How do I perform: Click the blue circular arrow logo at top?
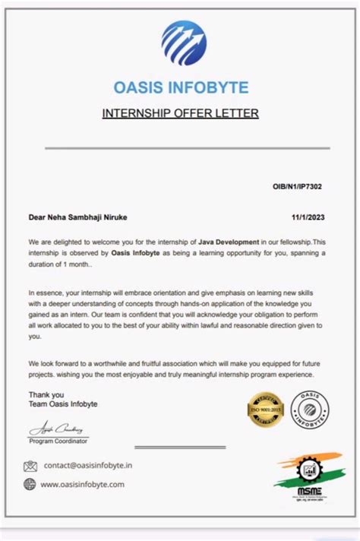coord(184,43)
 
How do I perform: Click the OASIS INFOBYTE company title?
coord(180,88)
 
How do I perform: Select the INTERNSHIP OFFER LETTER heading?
coord(180,114)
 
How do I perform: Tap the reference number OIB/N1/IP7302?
coord(298,186)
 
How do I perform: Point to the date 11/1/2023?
coord(308,217)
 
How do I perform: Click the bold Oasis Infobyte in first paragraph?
coord(135,252)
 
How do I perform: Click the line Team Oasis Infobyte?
coord(63,404)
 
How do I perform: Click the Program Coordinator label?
coord(58,441)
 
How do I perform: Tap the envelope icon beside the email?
coord(30,466)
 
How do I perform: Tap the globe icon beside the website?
coord(30,484)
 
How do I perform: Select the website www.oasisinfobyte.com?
coord(84,484)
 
